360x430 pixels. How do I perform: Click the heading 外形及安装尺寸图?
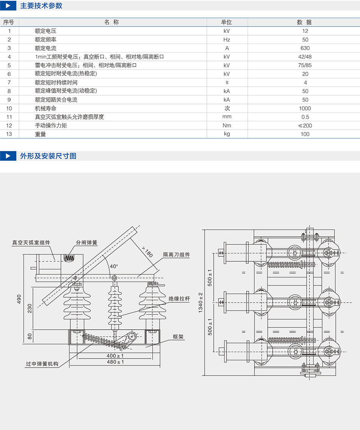coord(48,155)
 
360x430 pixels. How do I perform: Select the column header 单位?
coord(227,22)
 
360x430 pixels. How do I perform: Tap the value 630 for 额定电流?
coord(305,48)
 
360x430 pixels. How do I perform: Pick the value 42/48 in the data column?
coord(305,57)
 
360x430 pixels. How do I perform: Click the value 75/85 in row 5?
coord(305,65)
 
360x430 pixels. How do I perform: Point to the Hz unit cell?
coord(227,40)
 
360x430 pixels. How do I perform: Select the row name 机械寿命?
coord(45,108)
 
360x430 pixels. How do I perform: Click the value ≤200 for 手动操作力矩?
coord(304,126)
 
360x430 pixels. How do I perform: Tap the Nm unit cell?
coord(227,126)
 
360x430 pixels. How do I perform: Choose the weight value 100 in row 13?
coord(305,134)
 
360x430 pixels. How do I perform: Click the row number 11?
coord(9,117)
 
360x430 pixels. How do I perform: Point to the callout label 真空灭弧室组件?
coord(31,242)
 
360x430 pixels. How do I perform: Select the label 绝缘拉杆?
coord(179,298)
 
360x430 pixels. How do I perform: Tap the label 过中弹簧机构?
coord(42,364)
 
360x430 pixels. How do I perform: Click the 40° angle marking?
coord(114,266)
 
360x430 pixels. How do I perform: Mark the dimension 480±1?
coord(115,362)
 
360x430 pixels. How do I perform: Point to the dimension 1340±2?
coord(201,302)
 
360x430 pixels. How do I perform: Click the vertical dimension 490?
coord(19,299)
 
